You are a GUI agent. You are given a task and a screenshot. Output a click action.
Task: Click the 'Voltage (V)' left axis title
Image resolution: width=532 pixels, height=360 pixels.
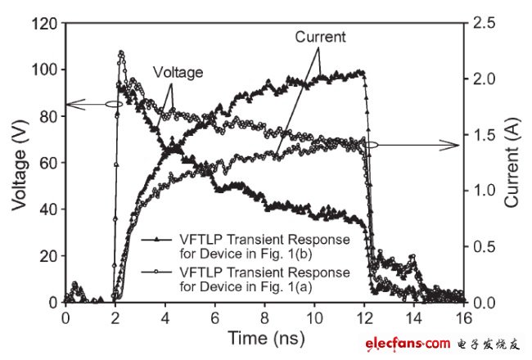pos(17,162)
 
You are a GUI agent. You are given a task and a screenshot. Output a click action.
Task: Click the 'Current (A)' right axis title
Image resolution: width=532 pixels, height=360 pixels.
pos(515,162)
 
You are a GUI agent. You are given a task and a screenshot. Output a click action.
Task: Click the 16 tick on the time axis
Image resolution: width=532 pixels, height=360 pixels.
pos(464,317)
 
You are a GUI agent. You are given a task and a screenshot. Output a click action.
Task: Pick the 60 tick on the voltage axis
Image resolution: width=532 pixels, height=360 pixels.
pos(49,163)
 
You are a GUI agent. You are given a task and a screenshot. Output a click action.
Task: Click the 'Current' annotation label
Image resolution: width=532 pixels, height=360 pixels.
pos(320,37)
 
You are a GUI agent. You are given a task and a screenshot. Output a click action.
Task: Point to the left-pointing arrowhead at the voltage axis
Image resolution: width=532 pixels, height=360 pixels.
pos(71,104)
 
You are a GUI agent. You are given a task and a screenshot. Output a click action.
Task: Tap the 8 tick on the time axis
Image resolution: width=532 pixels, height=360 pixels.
pos(264,317)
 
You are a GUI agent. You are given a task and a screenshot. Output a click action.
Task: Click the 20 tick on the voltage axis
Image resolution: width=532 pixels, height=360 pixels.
pos(49,256)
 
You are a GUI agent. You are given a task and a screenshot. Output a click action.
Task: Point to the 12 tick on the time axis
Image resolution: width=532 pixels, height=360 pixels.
pos(364,317)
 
